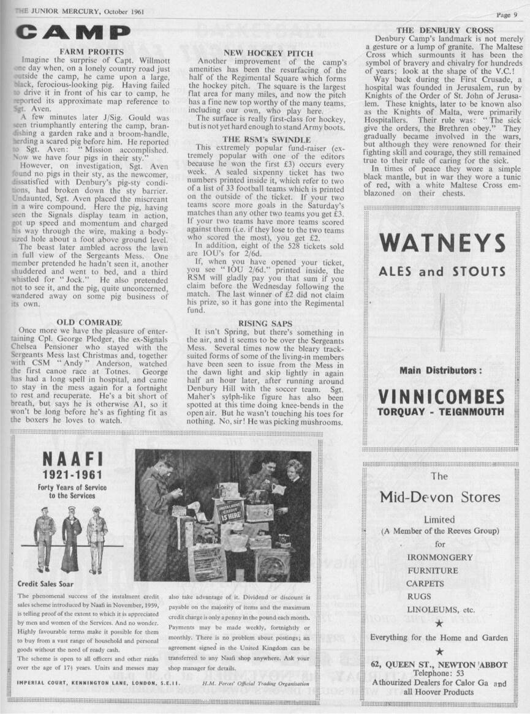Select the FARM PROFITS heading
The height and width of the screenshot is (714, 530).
[x=92, y=51]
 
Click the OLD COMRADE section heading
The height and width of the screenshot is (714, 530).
[x=89, y=321]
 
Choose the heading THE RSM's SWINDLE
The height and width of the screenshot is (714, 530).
[x=267, y=140]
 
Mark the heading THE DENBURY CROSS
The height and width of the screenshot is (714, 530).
[x=445, y=30]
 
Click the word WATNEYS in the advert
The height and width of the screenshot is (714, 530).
[x=442, y=244]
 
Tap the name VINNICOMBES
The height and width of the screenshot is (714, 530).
[x=441, y=396]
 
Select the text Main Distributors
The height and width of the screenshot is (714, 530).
[x=441, y=370]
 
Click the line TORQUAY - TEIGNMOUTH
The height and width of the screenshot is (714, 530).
[x=441, y=411]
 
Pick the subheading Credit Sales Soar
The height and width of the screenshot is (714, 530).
[x=46, y=584]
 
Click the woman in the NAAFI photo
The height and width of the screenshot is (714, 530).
[x=293, y=490]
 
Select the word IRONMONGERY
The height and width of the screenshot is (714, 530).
[x=439, y=557]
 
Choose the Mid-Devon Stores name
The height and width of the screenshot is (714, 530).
[x=439, y=497]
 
